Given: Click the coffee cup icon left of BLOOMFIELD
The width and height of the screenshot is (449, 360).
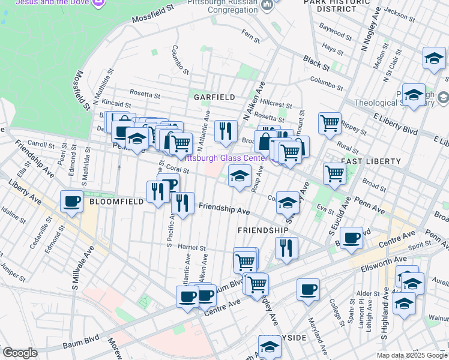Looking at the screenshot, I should pyautogui.click(x=72, y=201).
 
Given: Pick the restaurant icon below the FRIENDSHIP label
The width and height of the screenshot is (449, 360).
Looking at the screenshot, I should pyautogui.click(x=286, y=247).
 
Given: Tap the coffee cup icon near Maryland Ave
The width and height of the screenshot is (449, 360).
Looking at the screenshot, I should pyautogui.click(x=309, y=290).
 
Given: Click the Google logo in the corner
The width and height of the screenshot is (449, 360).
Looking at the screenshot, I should pyautogui.click(x=20, y=353).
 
